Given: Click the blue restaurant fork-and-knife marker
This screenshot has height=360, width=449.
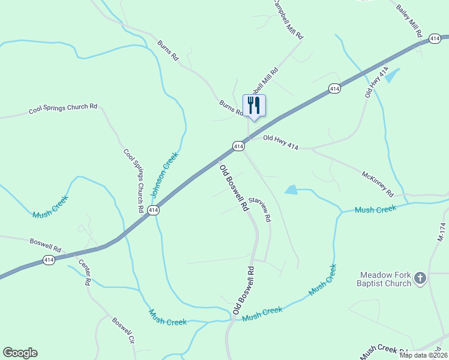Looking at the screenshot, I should (x=253, y=106).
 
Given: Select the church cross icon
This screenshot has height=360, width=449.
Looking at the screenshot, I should (x=420, y=278).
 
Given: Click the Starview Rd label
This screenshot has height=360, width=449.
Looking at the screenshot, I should (x=260, y=209).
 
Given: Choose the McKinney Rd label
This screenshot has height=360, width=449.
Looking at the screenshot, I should (x=377, y=184).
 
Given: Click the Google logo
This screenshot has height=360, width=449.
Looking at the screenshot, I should (x=20, y=353).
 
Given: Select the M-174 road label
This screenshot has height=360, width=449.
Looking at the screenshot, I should (x=441, y=233).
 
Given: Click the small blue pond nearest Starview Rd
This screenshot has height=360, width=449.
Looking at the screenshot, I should (x=291, y=190).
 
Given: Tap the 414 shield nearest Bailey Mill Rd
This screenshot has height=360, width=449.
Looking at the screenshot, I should (x=435, y=39).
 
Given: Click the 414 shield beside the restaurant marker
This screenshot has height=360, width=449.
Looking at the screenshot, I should (x=238, y=146).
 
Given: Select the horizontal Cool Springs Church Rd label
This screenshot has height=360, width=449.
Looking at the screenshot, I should (x=63, y=109).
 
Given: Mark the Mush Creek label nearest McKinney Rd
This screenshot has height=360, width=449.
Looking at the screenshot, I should (x=376, y=209).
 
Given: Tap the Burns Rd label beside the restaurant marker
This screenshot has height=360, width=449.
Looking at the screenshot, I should (x=231, y=107).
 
